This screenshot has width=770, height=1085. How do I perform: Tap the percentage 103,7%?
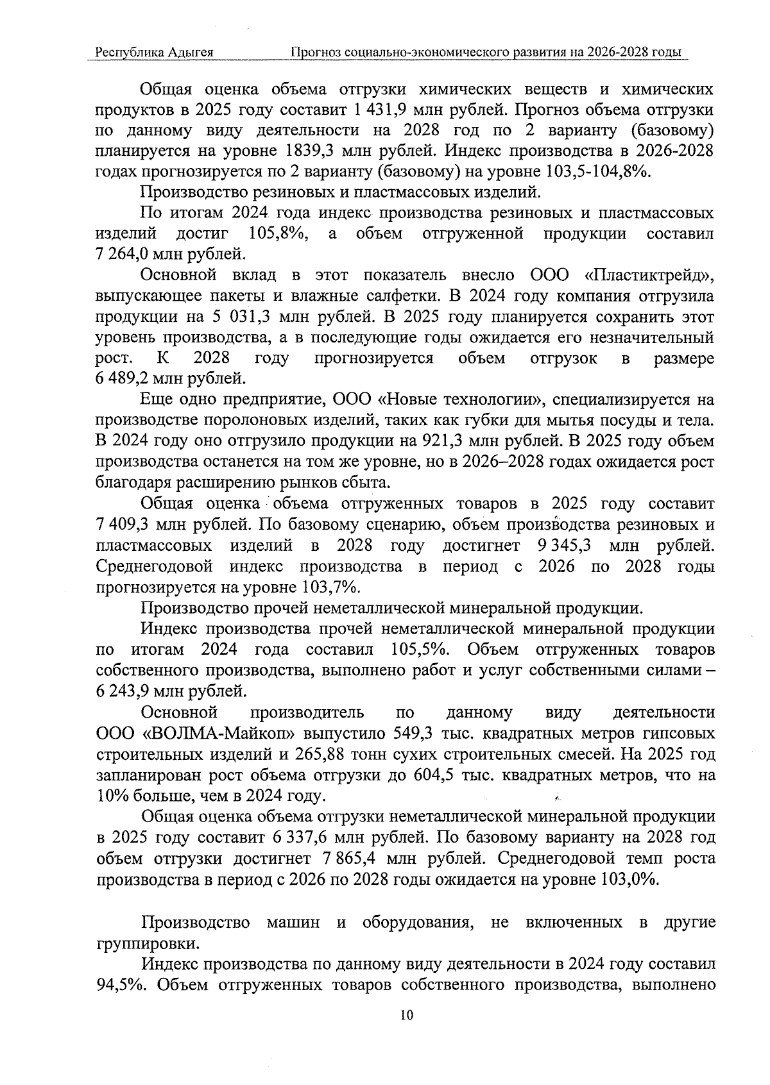click(330, 587)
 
